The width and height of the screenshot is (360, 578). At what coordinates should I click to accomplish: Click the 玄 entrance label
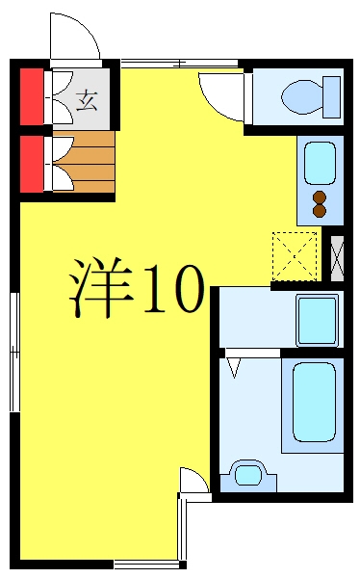pyautogui.click(x=87, y=100)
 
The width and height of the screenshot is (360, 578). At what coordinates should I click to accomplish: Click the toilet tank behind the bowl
pyautogui.click(x=332, y=97)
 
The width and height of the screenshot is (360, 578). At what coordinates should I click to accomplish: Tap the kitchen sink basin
pyautogui.click(x=320, y=164)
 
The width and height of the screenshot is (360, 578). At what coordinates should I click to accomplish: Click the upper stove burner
pyautogui.click(x=320, y=197)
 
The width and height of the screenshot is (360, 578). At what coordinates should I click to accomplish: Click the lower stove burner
pyautogui.click(x=320, y=210)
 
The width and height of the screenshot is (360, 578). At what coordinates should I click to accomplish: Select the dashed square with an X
pyautogui.click(x=295, y=256)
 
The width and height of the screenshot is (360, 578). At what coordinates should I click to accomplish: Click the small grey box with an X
pyautogui.click(x=337, y=259)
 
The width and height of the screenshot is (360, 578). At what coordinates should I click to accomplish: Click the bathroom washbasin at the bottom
pyautogui.click(x=248, y=476)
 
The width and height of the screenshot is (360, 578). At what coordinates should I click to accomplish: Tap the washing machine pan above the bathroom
pyautogui.click(x=318, y=321)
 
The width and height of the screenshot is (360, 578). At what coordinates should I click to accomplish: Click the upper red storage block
pyautogui.click(x=32, y=96)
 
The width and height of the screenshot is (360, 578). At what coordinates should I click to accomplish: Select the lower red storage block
pyautogui.click(x=32, y=164)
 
